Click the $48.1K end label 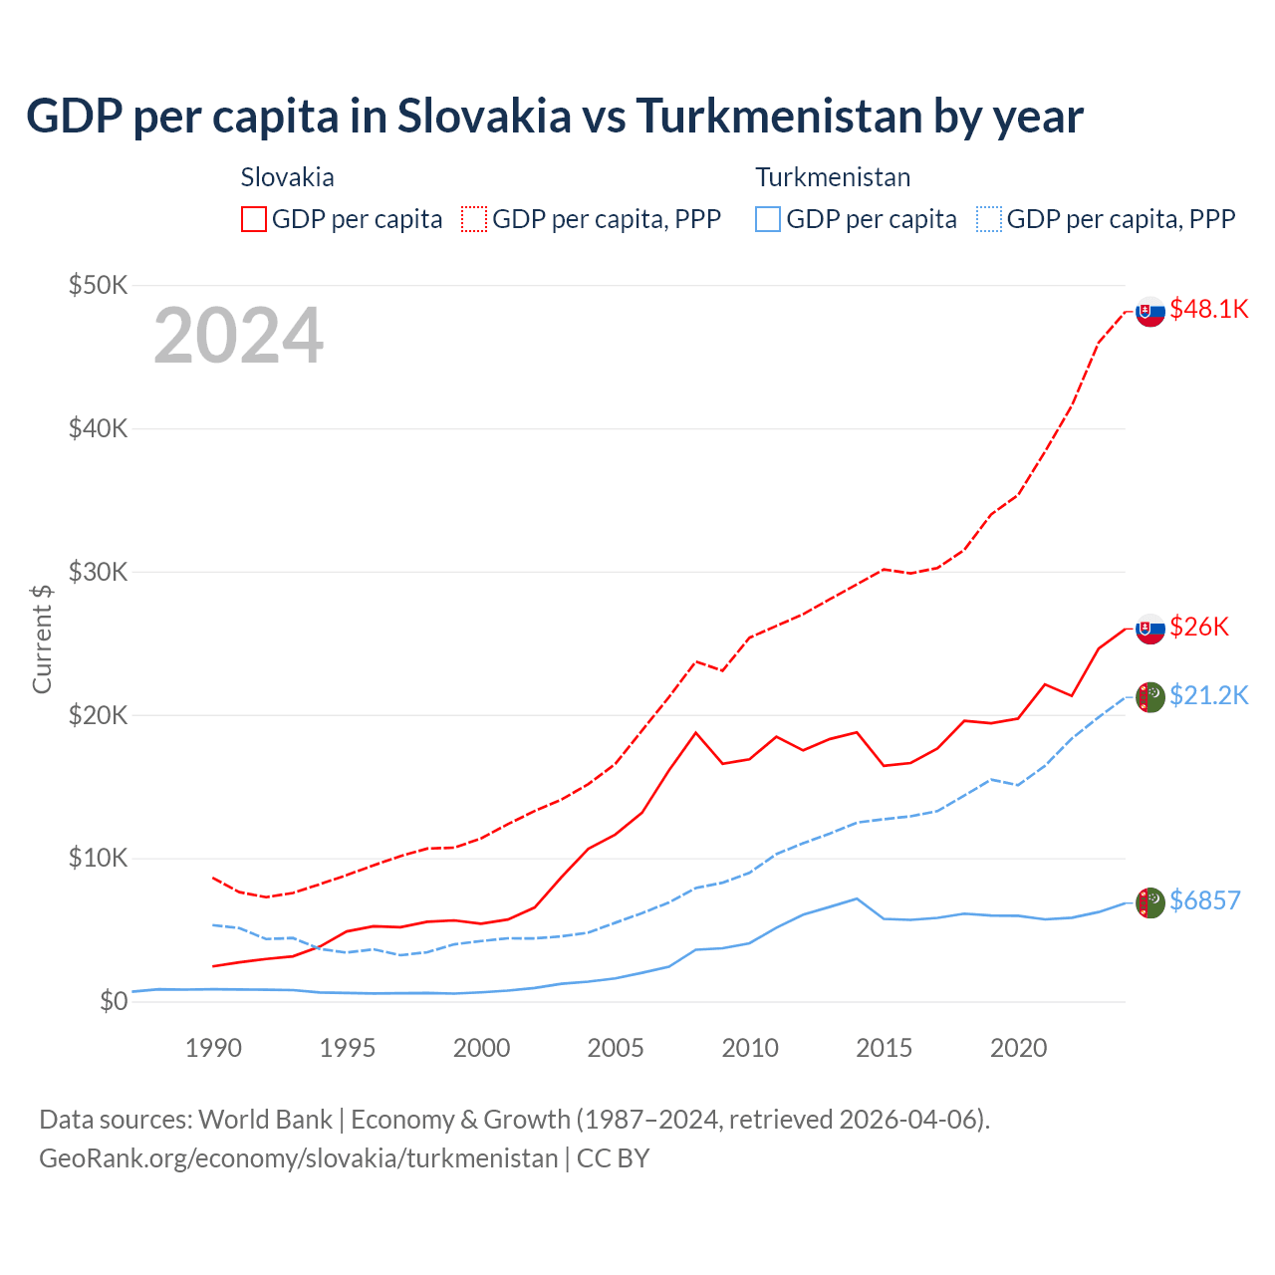(1208, 309)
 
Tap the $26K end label (1198, 627)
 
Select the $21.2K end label (1208, 695)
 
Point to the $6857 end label (1204, 900)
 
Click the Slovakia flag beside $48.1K (1150, 312)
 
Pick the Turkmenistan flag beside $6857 (1150, 902)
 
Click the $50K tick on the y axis (99, 286)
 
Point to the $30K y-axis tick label (99, 572)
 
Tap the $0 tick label (114, 1001)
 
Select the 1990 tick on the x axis (214, 1048)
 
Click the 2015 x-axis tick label (885, 1048)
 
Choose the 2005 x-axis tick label (616, 1048)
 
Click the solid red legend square (254, 219)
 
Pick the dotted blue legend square (989, 219)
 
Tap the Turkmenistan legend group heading (833, 177)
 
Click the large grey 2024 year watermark (239, 336)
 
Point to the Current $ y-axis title (42, 638)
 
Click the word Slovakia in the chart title (484, 117)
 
